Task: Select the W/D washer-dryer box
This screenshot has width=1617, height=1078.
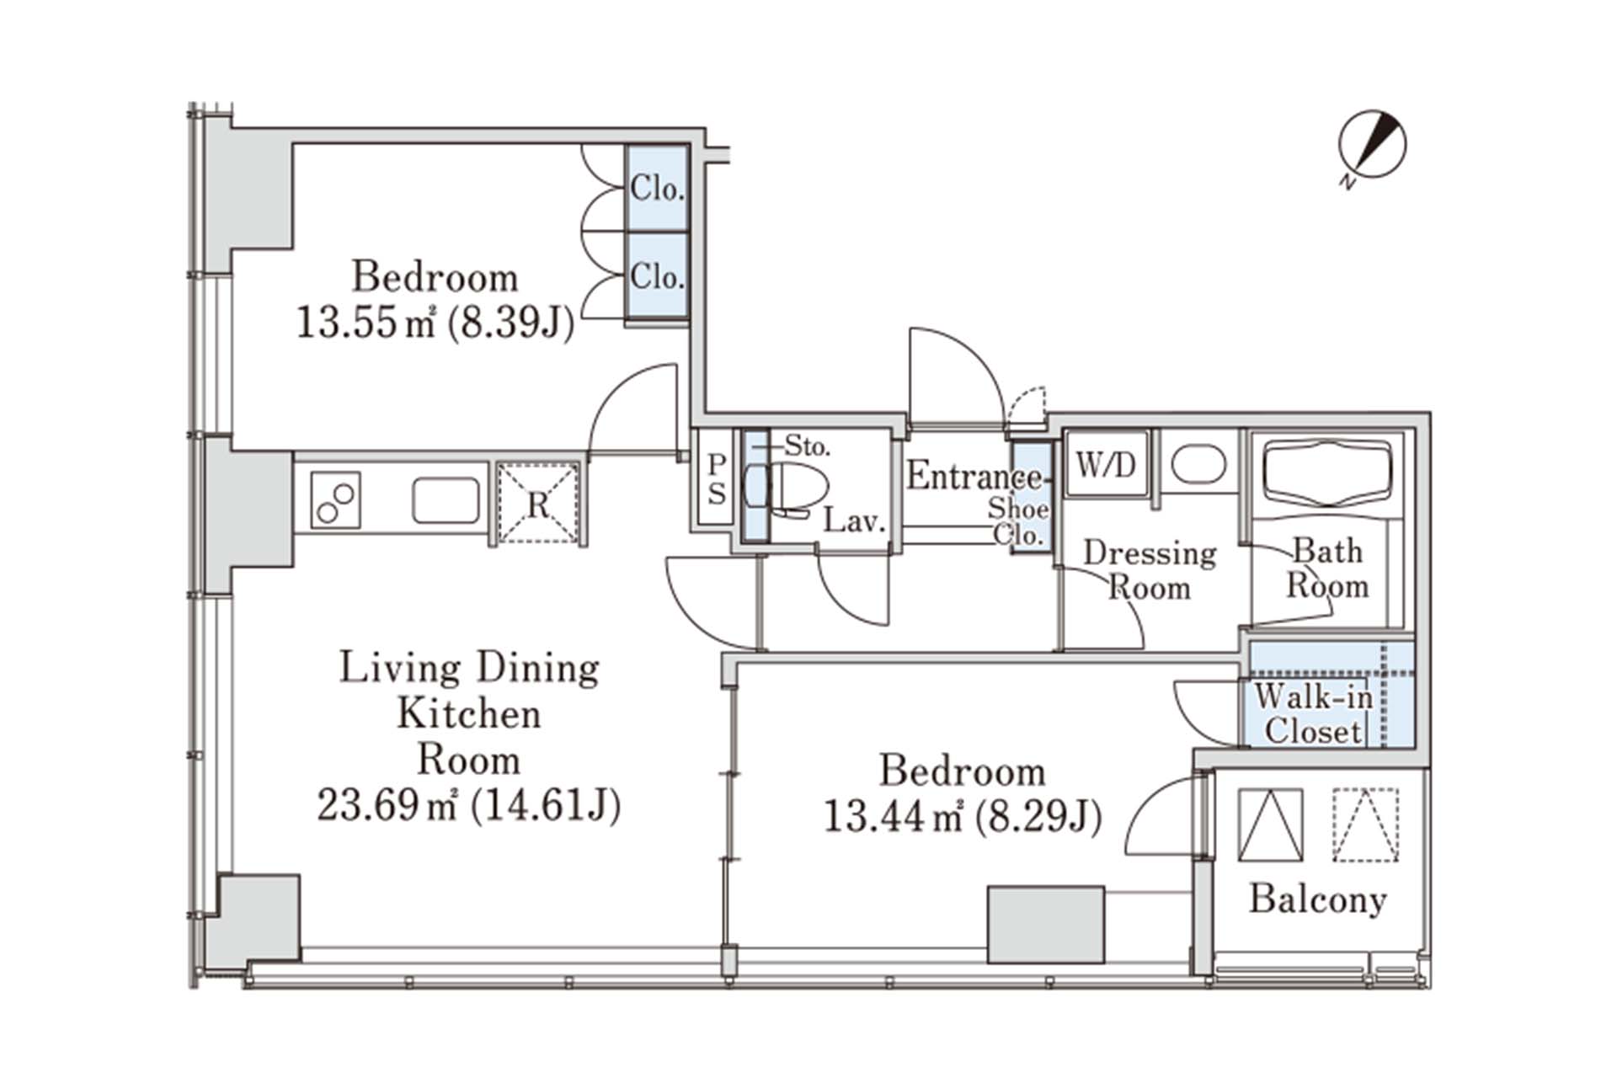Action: click(1106, 464)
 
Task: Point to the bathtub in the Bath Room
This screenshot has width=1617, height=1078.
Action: click(1328, 476)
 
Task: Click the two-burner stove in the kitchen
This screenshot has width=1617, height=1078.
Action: click(335, 500)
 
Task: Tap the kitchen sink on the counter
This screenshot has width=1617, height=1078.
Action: click(446, 501)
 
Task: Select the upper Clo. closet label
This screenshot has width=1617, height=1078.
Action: click(657, 189)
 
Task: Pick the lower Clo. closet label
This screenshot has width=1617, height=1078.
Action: click(657, 276)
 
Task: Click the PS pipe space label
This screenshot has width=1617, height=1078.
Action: click(716, 478)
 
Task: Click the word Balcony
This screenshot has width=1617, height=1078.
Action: click(1317, 899)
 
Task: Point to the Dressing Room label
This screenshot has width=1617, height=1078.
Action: click(1150, 570)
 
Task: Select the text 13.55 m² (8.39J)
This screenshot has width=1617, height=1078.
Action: click(435, 323)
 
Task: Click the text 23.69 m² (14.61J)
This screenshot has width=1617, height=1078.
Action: click(468, 806)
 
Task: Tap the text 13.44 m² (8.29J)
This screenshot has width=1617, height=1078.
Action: click(962, 816)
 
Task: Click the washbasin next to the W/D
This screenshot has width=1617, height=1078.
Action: click(1198, 464)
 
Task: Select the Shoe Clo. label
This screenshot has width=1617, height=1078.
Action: click(1018, 520)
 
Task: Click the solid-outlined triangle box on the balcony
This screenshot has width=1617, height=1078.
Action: click(1270, 825)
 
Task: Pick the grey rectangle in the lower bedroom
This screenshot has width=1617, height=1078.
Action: click(1045, 925)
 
